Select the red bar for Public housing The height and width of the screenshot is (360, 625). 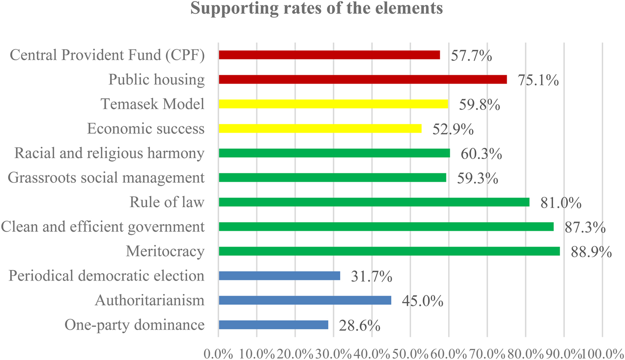[x=362, y=80]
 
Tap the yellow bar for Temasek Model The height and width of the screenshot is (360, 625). [x=333, y=104]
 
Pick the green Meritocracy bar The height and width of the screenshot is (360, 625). [x=389, y=251]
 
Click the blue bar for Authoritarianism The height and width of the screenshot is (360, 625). [x=304, y=301]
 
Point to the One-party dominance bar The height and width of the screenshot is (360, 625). [x=273, y=325]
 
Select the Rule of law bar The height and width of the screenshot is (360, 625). [x=374, y=202]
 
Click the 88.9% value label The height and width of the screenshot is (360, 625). [x=591, y=252]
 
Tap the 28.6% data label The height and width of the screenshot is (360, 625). [x=360, y=326]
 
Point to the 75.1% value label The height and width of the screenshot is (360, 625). [x=538, y=80]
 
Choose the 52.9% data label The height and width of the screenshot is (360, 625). [x=453, y=130]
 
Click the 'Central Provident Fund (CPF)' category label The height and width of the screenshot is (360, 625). [x=107, y=55]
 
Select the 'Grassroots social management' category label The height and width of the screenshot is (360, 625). [x=106, y=178]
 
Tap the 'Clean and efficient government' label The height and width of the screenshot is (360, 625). [x=103, y=227]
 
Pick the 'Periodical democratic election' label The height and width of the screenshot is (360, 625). [x=107, y=276]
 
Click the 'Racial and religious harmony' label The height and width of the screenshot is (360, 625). [x=109, y=153]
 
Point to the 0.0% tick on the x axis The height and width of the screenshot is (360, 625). [x=219, y=353]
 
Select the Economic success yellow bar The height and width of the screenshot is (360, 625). [x=320, y=129]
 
